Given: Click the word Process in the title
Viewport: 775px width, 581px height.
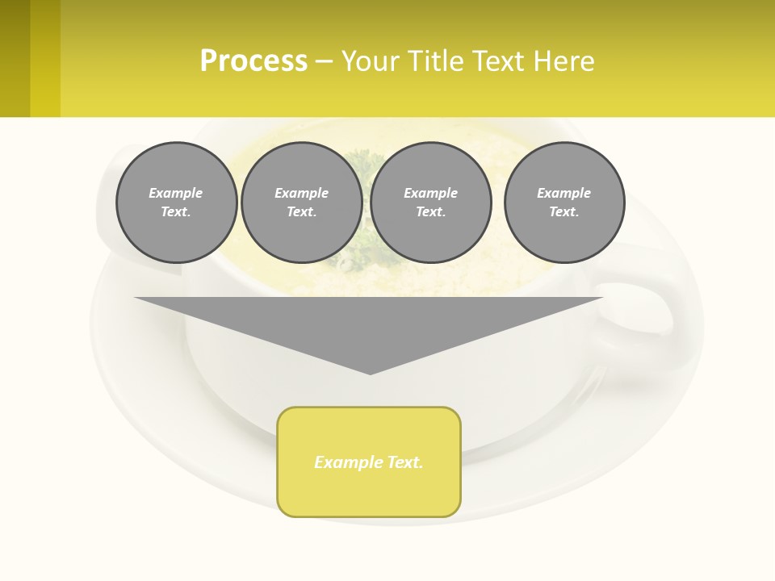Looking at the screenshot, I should click(253, 61).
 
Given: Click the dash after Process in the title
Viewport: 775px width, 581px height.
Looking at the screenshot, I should click(324, 62).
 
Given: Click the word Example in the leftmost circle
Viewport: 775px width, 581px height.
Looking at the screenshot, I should click(176, 193).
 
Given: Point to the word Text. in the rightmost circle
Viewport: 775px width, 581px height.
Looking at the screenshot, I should click(564, 212).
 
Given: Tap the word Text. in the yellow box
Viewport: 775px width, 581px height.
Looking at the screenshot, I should click(404, 462).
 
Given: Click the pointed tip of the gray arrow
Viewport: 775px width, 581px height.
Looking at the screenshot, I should click(370, 372).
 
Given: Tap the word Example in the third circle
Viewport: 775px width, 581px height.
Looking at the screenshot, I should click(430, 193).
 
